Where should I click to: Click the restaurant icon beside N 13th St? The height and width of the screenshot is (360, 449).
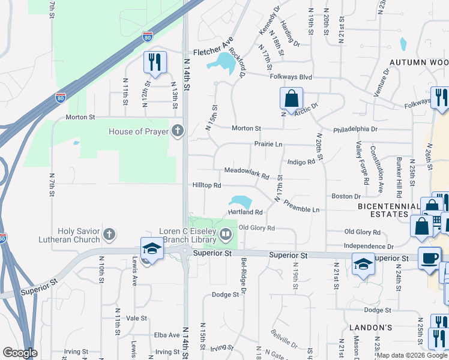pyautogui.click(x=155, y=62)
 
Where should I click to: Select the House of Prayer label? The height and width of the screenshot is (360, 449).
pyautogui.click(x=137, y=131)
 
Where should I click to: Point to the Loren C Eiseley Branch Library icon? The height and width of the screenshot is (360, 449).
pyautogui.click(x=226, y=234)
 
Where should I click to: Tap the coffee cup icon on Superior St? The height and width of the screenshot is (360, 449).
pyautogui.click(x=429, y=258)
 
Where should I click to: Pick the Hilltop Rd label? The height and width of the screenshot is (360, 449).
pyautogui.click(x=207, y=185)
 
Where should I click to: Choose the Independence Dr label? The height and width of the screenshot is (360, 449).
pyautogui.click(x=369, y=246)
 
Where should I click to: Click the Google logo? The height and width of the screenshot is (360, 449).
pyautogui.click(x=20, y=353)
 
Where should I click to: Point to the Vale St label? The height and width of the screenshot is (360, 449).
pyautogui.click(x=137, y=318)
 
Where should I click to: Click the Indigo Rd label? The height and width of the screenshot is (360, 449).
pyautogui.click(x=301, y=162)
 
